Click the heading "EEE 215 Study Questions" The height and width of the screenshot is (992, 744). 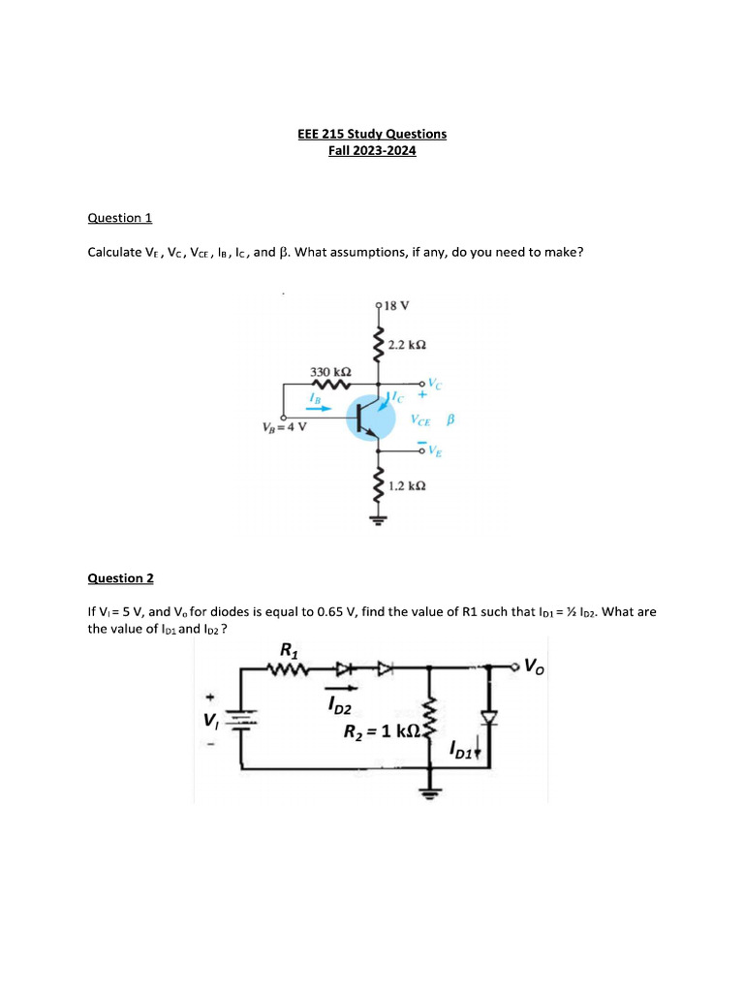(372, 134)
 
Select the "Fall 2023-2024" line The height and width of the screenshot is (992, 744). (372, 150)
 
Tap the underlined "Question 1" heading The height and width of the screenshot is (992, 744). (120, 218)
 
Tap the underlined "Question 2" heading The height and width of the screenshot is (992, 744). (120, 578)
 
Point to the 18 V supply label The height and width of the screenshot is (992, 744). (396, 305)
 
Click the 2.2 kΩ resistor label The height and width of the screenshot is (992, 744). (408, 345)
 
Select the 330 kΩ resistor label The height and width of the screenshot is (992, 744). (329, 371)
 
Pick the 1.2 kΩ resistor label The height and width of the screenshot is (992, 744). (408, 485)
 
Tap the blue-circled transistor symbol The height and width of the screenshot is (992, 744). (369, 418)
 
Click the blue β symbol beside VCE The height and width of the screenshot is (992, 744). (450, 421)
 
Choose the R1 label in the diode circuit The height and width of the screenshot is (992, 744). (288, 648)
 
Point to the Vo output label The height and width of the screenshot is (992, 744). (535, 666)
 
